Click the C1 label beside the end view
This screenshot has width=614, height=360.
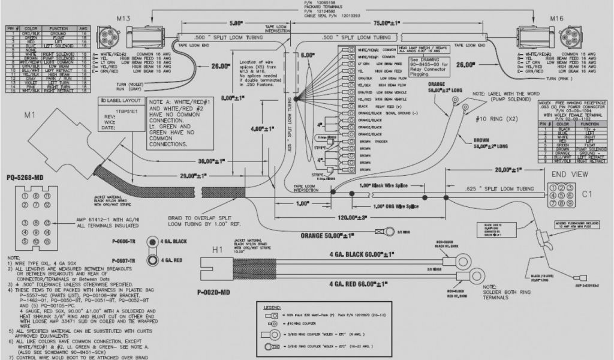click(588, 194)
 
